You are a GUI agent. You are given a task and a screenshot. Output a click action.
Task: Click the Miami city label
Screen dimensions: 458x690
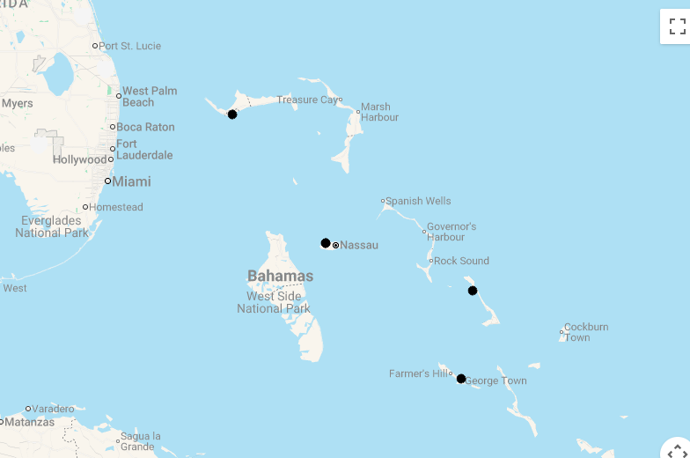click(x=130, y=181)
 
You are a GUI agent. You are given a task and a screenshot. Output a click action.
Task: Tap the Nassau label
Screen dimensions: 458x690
click(x=358, y=245)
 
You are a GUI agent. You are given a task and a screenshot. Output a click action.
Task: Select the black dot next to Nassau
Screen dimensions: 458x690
click(x=326, y=243)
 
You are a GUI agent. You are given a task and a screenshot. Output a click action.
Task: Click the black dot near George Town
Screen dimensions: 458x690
click(x=461, y=379)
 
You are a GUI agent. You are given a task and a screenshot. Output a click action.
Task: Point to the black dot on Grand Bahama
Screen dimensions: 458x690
click(x=232, y=114)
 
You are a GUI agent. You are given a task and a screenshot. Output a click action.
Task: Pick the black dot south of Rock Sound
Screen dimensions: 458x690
click(x=473, y=291)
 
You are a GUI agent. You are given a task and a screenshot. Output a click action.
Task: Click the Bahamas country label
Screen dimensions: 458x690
click(x=280, y=276)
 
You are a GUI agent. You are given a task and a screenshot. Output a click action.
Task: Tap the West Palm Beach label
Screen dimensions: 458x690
click(x=150, y=97)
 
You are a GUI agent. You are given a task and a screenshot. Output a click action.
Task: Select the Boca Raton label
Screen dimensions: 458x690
click(x=145, y=127)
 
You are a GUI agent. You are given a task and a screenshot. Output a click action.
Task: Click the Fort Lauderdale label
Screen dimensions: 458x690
click(x=144, y=150)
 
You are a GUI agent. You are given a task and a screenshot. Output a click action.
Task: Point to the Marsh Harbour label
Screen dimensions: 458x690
click(x=379, y=112)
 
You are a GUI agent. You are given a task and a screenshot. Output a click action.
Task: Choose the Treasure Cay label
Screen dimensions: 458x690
click(x=307, y=100)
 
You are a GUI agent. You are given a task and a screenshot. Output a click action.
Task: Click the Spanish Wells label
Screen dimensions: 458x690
click(x=418, y=201)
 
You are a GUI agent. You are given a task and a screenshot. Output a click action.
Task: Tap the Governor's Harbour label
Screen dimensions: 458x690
click(x=451, y=232)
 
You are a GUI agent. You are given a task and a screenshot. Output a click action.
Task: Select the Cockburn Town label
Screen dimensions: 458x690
click(x=585, y=332)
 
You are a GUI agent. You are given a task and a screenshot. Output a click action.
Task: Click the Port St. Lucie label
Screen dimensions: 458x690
click(x=129, y=46)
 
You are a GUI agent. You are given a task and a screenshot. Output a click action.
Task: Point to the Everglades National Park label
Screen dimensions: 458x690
click(x=51, y=226)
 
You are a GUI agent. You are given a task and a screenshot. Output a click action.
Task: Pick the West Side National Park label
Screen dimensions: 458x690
click(x=274, y=302)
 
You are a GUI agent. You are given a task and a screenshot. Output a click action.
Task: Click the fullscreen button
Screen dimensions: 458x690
click(x=674, y=26)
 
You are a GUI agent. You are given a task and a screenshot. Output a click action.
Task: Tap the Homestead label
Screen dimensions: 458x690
click(x=116, y=207)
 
